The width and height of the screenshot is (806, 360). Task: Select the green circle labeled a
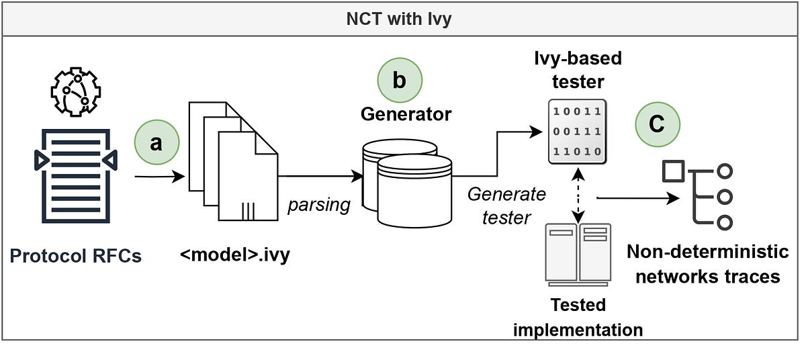coord(156,143)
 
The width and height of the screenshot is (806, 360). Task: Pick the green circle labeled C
coord(658,125)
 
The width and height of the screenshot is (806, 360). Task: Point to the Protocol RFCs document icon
coord(75,176)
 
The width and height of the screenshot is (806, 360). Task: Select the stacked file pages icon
coord(232,164)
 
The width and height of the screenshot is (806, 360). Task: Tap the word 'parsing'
coord(319,205)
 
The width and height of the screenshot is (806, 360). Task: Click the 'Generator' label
coord(406,114)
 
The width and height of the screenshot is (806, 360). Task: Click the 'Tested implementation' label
coord(578,317)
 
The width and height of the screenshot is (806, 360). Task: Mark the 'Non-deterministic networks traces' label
coord(707,264)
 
